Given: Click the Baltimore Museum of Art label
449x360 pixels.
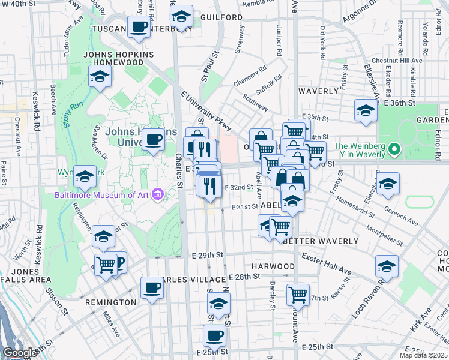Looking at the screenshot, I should pos(102,194).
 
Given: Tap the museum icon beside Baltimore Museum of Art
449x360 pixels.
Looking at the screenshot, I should pos(158,194).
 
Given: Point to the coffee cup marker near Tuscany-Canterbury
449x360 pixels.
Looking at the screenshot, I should pos(139,28).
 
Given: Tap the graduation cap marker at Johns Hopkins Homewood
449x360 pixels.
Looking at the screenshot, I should pos(100,76).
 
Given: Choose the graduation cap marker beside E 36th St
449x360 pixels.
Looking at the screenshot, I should pos(365,110).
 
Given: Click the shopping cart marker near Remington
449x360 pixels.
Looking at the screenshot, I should pos(106,263).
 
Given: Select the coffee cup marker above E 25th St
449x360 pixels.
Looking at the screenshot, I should pos(214,335).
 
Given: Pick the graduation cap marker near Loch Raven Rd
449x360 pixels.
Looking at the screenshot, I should pos(387,266).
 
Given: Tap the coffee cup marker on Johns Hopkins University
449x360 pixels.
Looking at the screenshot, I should pos(153,140).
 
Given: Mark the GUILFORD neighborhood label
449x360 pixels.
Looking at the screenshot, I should pos(221,17).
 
